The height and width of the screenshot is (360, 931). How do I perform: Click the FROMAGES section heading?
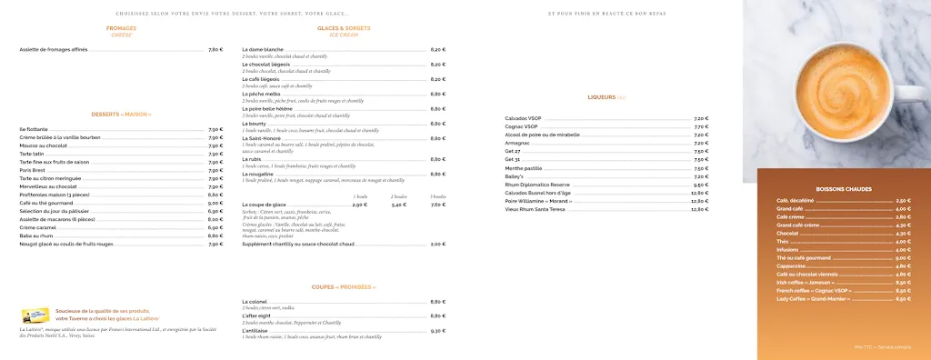pyautogui.click(x=121, y=28)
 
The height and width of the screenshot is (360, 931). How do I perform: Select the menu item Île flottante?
pyautogui.click(x=34, y=129)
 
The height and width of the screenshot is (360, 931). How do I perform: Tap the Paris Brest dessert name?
pyautogui.click(x=32, y=169)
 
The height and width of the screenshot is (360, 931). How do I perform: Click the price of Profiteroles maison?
pyautogui.click(x=215, y=194)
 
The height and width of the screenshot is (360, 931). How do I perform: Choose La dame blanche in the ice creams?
pyautogui.click(x=263, y=49)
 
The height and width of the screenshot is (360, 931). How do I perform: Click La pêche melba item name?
pyautogui.click(x=263, y=94)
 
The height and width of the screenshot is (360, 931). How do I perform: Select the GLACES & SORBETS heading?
pyautogui.click(x=344, y=28)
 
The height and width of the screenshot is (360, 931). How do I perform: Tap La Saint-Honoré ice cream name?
pyautogui.click(x=265, y=138)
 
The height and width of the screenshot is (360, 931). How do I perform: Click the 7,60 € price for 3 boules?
pyautogui.click(x=438, y=205)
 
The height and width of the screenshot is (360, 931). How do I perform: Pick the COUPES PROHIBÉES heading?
pyautogui.click(x=344, y=286)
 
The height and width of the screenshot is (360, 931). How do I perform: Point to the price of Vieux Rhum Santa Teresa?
pyautogui.click(x=699, y=209)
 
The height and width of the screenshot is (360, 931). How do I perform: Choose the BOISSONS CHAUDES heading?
pyautogui.click(x=844, y=189)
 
